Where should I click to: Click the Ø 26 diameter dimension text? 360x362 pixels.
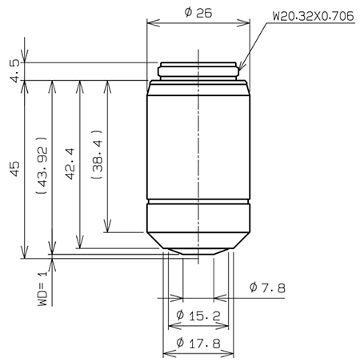[196, 14]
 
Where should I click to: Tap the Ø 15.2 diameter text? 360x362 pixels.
[197, 315]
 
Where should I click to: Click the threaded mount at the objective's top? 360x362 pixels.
[198, 71]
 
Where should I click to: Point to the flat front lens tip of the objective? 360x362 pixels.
[198, 255]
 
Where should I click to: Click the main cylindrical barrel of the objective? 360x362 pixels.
[198, 144]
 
